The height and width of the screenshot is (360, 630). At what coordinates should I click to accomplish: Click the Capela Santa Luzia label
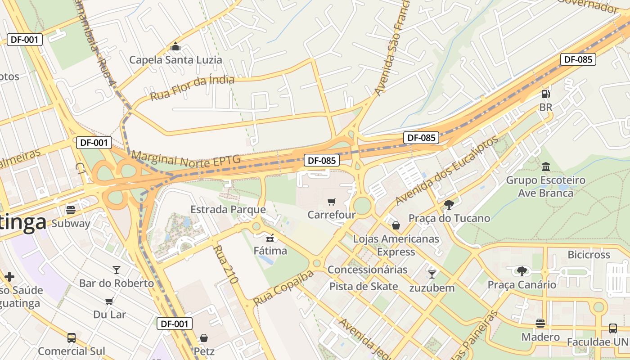(175, 60)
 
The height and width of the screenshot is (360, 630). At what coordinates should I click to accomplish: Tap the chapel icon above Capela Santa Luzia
(175, 46)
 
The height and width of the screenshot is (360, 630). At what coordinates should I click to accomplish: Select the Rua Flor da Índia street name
(192, 88)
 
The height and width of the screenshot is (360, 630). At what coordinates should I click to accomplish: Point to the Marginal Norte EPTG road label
(186, 160)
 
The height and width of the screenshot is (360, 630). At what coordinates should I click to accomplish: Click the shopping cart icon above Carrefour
(332, 202)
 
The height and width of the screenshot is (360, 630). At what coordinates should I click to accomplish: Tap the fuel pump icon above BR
(545, 94)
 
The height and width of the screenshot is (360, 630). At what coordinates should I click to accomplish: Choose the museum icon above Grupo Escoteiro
(546, 167)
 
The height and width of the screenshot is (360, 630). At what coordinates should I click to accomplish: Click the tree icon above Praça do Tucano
(449, 205)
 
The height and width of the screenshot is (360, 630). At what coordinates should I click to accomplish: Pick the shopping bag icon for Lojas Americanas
(396, 225)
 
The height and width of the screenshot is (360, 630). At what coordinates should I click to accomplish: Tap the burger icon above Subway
(71, 210)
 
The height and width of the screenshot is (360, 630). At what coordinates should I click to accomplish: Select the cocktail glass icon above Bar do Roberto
(117, 270)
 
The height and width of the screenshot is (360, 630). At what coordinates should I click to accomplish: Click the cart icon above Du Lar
(109, 301)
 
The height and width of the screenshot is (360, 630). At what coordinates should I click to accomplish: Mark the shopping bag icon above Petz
(204, 337)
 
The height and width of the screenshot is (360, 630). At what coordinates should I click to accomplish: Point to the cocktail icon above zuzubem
(432, 274)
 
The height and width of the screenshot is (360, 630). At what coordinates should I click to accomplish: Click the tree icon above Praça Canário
(522, 271)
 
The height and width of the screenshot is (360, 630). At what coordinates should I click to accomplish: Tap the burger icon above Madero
(540, 324)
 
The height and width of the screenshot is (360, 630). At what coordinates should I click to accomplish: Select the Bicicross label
(589, 255)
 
